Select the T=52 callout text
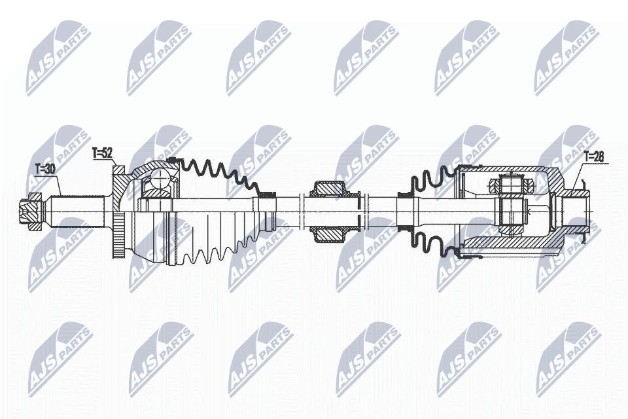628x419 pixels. click(x=102, y=153)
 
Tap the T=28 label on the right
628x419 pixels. click(x=593, y=156)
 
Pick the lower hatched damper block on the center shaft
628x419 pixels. click(x=329, y=234)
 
